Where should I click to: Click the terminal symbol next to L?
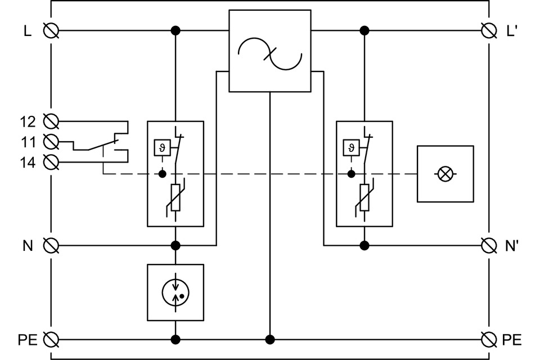[x=51, y=30]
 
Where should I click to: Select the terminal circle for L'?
[x=489, y=30]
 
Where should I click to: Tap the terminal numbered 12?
[x=51, y=121]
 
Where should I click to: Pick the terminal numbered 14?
[x=51, y=163]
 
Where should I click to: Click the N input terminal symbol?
[x=51, y=245]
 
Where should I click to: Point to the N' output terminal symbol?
[x=489, y=245]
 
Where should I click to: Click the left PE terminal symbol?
[x=51, y=339]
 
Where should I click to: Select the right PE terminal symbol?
[x=489, y=339]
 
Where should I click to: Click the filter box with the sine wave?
[x=270, y=51]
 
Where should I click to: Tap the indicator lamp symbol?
[x=445, y=174]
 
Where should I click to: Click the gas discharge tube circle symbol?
[x=175, y=292]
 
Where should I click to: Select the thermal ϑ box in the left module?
[x=163, y=148]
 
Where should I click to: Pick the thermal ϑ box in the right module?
[x=352, y=148]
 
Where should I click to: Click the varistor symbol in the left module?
[x=175, y=199]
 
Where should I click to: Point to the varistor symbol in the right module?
[x=364, y=199]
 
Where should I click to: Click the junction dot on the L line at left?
[x=175, y=30]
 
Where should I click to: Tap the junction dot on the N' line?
[x=364, y=245]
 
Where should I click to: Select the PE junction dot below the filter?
[x=270, y=339]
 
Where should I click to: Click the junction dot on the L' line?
[x=364, y=30]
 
